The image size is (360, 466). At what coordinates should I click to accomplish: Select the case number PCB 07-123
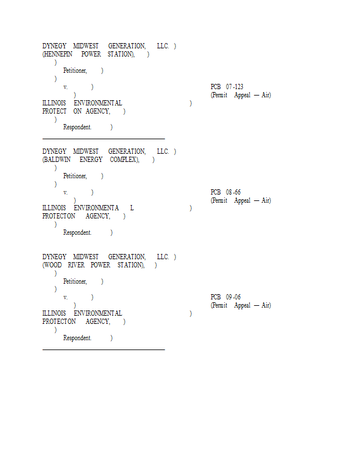point(227,87)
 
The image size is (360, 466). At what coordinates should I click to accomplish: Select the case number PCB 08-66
point(226,192)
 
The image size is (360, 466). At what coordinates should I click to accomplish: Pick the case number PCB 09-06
point(226,297)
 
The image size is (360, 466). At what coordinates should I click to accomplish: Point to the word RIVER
point(76,265)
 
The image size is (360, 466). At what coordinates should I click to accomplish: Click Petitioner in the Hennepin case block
point(75,70)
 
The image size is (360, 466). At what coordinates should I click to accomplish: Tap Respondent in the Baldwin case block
point(77,232)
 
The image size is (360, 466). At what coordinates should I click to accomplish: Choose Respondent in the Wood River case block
point(77,338)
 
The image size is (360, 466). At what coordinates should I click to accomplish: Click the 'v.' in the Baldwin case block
point(65,192)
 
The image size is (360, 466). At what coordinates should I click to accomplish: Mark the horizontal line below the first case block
point(104,139)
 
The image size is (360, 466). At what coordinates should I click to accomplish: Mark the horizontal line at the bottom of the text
point(104,349)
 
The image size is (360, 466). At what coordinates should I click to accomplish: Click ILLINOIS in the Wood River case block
point(54,313)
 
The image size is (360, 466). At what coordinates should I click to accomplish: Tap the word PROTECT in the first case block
point(55,111)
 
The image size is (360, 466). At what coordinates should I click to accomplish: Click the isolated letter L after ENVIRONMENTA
point(132,208)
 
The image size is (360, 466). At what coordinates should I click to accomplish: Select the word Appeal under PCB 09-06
point(242,305)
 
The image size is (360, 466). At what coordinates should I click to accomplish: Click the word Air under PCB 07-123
point(266,95)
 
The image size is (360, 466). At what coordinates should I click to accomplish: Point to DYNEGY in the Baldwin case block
point(54,151)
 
